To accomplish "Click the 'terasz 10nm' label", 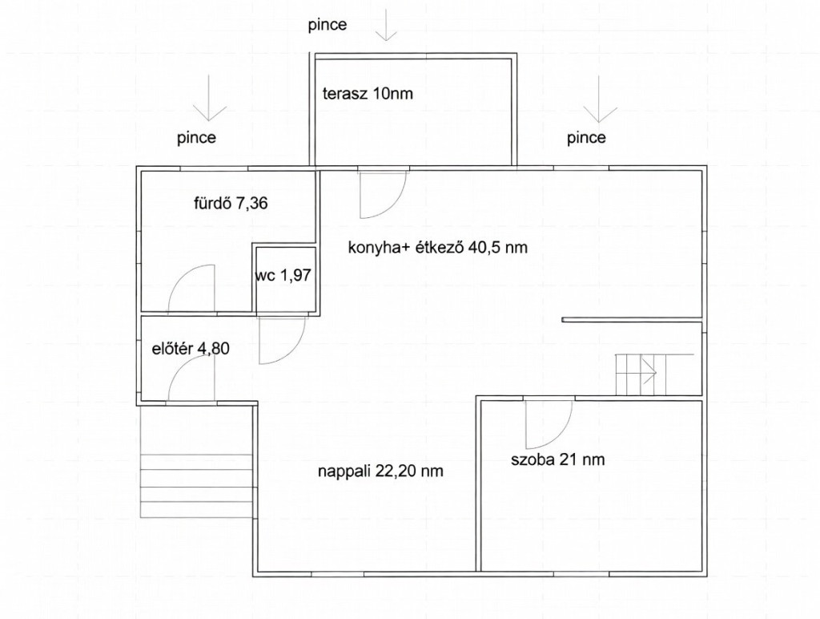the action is click(x=368, y=94).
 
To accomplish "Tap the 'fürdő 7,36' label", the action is click(x=231, y=203).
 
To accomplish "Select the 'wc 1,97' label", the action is click(x=283, y=275).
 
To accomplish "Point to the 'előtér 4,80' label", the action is click(x=191, y=349).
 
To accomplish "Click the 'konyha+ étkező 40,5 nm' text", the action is click(x=438, y=247).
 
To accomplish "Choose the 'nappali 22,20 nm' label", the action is click(x=380, y=471).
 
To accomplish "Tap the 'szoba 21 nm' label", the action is click(x=558, y=459).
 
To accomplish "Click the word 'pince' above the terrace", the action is click(x=328, y=25).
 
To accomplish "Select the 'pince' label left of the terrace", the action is click(x=197, y=138).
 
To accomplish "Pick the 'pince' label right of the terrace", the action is click(x=587, y=138).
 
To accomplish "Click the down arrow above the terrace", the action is click(x=387, y=25).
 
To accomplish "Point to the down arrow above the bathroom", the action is click(x=209, y=98).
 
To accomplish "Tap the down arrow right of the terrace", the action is click(x=600, y=99).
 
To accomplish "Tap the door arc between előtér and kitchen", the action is click(x=293, y=351).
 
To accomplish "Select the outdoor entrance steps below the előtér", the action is click(x=198, y=486).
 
